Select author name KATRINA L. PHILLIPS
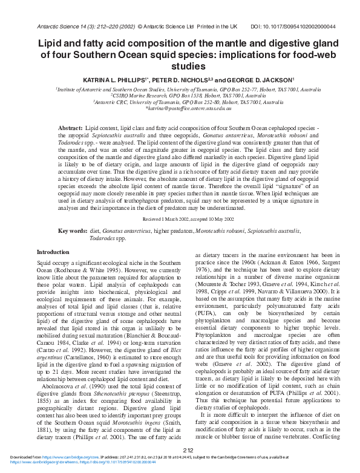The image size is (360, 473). [x=94, y=80]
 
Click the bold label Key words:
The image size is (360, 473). [x=72, y=231]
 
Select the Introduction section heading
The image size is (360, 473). [x=53, y=252]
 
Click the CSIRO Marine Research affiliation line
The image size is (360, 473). [x=180, y=95]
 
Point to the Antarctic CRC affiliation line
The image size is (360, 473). [x=180, y=102]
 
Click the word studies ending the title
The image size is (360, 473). [x=180, y=67]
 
